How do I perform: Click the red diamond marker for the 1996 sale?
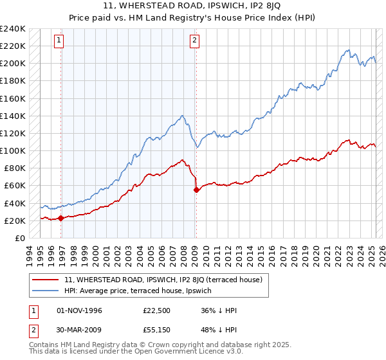click(61, 218)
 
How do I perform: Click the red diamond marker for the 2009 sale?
click(196, 190)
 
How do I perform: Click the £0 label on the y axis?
click(19, 238)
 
